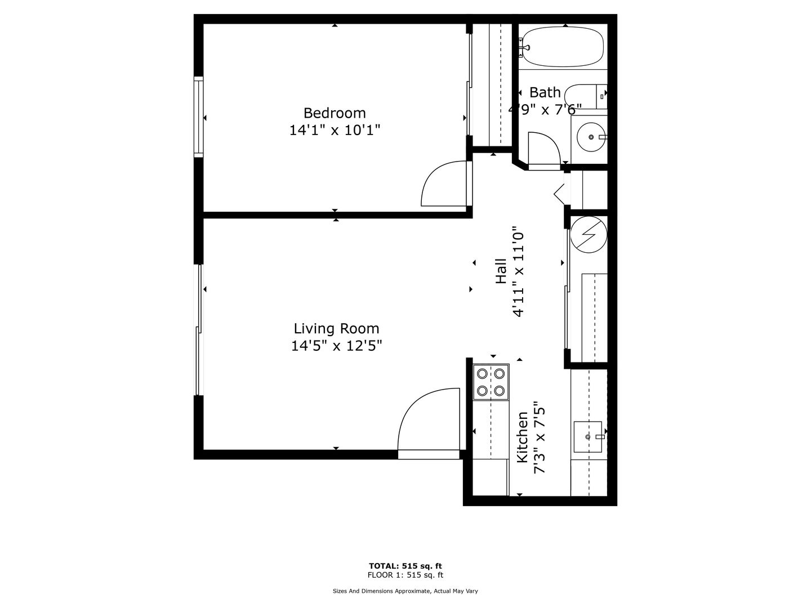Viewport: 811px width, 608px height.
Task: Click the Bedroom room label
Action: [335, 113]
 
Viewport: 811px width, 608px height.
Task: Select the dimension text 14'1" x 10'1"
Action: [335, 130]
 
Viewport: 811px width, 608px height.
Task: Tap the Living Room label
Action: [336, 328]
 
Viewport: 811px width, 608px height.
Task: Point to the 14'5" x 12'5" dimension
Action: [336, 346]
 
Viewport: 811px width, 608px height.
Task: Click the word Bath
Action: [545, 92]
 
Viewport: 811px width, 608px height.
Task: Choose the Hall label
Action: [501, 271]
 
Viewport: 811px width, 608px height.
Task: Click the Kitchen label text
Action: [522, 437]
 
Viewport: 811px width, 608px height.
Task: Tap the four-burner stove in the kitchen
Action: [491, 382]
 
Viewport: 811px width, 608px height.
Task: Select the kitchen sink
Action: [588, 437]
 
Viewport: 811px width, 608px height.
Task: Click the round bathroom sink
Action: [591, 137]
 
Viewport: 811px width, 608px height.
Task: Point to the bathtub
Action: [562, 47]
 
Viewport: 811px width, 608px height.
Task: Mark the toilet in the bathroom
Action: [586, 97]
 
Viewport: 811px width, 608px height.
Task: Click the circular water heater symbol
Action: [589, 234]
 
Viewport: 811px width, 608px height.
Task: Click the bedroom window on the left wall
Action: [199, 117]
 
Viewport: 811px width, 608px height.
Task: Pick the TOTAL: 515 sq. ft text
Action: [405, 566]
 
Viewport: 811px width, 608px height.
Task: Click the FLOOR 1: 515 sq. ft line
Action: [405, 575]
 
